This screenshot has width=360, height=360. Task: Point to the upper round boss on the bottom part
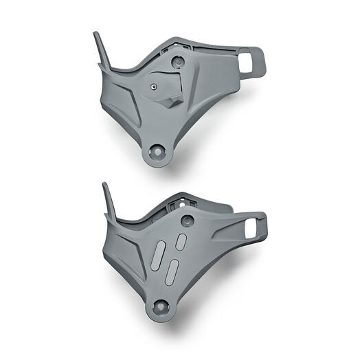(185, 221)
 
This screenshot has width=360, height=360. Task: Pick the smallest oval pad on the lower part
(183, 241)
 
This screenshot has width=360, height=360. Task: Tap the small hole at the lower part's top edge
(181, 203)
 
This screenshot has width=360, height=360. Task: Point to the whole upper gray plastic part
(172, 96)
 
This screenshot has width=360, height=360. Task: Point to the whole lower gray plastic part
(175, 254)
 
